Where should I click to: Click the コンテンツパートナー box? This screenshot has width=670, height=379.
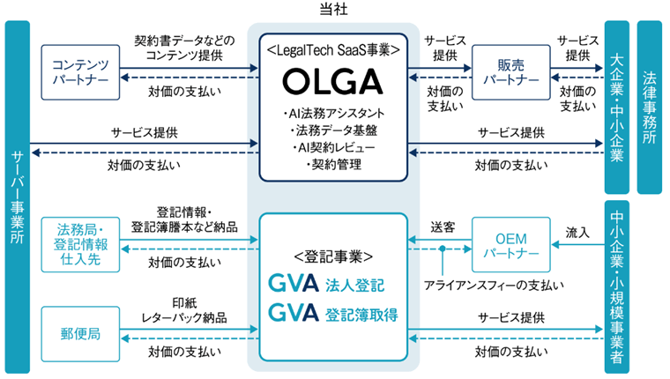[80, 71]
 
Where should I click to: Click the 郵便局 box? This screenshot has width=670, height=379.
[80, 334]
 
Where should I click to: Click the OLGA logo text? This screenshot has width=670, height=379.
[334, 82]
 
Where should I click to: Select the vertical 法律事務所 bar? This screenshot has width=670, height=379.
[649, 106]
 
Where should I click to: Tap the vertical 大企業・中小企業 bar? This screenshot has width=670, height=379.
[616, 106]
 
